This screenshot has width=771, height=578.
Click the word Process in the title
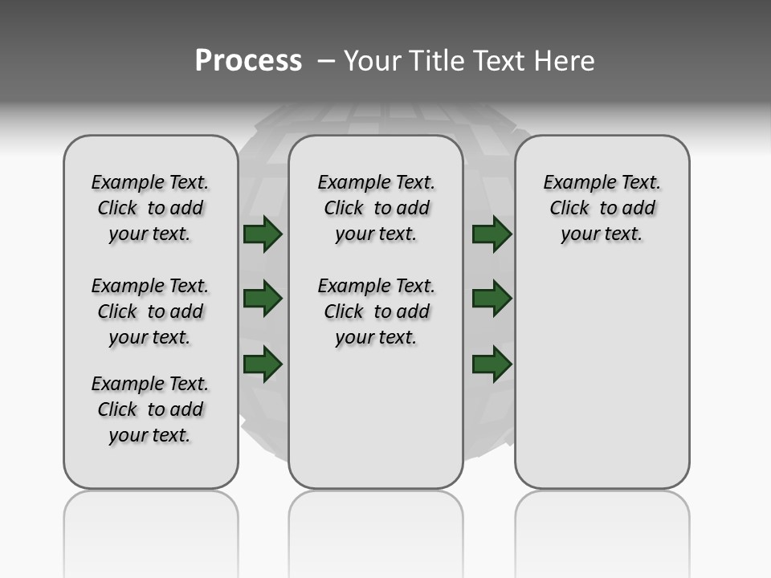tap(248, 61)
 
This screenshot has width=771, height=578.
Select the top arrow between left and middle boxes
tap(263, 234)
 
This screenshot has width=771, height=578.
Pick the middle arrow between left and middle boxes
tap(263, 299)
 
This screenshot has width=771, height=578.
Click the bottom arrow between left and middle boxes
tap(263, 364)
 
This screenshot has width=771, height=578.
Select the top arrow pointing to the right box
tap(492, 234)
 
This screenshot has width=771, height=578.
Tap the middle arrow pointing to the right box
tap(492, 299)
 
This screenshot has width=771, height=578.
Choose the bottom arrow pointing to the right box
tap(492, 364)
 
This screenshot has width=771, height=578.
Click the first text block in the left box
tap(150, 208)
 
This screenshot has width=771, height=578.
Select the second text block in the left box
tap(150, 311)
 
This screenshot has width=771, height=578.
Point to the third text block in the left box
tap(150, 409)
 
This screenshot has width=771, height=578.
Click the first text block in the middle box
tap(376, 208)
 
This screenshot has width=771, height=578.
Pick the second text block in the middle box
tap(376, 311)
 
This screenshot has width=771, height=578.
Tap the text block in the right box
tap(602, 208)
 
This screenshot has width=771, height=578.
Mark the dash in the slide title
tap(325, 61)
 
